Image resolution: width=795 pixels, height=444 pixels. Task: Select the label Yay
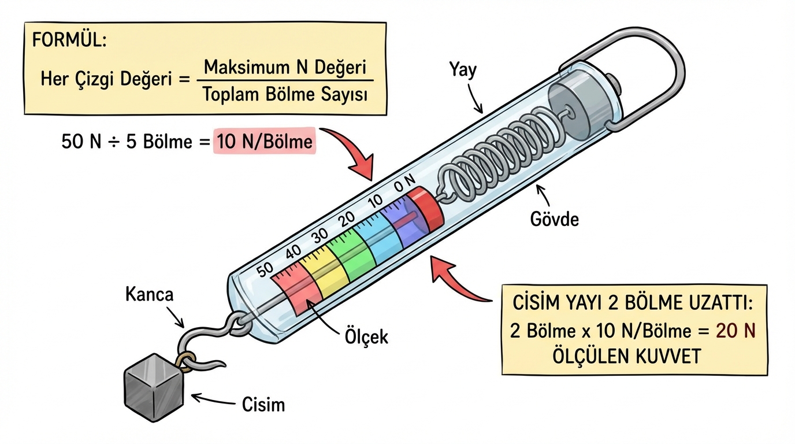(463, 71)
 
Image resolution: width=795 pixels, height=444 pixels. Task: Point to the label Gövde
(554, 219)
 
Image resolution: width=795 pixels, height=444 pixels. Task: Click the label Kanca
(149, 294)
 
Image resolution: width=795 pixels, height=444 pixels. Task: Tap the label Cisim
(263, 404)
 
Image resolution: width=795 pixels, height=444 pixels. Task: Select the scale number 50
(265, 270)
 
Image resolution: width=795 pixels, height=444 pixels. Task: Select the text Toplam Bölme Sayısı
(285, 94)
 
